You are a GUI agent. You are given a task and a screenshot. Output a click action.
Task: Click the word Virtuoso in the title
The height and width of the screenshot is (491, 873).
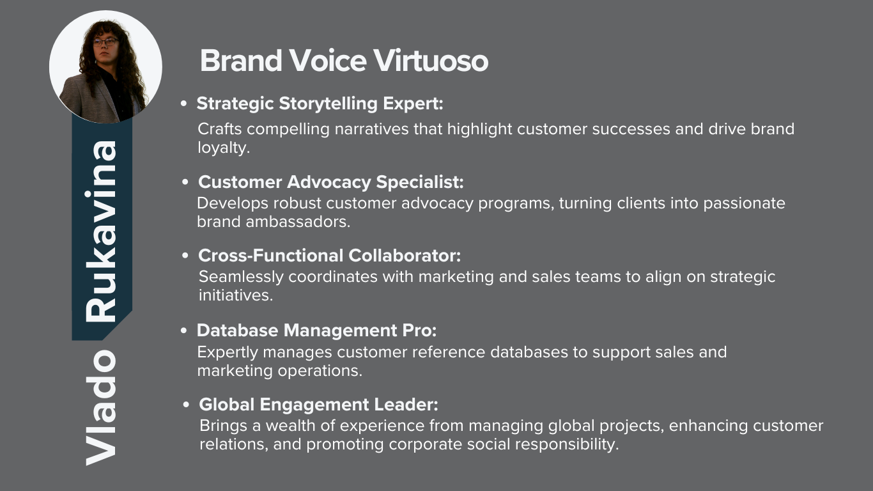(431, 61)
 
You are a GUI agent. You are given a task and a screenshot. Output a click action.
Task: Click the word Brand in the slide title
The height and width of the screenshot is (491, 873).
(241, 61)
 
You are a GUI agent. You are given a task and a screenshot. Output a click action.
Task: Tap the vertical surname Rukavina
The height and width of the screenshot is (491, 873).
(101, 231)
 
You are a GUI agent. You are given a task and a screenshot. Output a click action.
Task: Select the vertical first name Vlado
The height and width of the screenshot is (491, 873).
(101, 407)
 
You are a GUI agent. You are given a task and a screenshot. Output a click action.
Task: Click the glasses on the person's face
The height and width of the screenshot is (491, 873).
(105, 42)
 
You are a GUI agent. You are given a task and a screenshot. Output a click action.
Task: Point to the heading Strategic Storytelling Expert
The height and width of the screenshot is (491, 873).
(320, 104)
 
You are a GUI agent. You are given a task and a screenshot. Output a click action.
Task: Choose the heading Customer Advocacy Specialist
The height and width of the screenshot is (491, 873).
(331, 182)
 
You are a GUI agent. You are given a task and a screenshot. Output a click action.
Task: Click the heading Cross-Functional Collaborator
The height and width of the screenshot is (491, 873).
(329, 256)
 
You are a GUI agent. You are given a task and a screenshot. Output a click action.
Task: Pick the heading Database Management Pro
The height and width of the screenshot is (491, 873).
(316, 331)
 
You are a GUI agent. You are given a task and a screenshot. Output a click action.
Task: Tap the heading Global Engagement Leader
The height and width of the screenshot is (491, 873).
(318, 405)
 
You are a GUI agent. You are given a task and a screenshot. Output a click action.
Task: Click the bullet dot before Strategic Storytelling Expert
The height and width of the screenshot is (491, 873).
(184, 104)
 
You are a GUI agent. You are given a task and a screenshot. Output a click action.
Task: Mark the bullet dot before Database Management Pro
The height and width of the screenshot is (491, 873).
(184, 331)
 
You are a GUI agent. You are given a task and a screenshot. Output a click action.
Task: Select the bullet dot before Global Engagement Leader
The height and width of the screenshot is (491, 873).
(186, 405)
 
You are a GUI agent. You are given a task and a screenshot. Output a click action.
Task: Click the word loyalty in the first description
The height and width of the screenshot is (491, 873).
(222, 148)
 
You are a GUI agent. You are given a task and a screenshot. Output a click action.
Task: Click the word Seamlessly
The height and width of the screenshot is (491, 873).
(241, 277)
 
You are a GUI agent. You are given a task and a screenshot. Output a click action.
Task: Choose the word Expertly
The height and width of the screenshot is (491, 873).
(228, 352)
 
